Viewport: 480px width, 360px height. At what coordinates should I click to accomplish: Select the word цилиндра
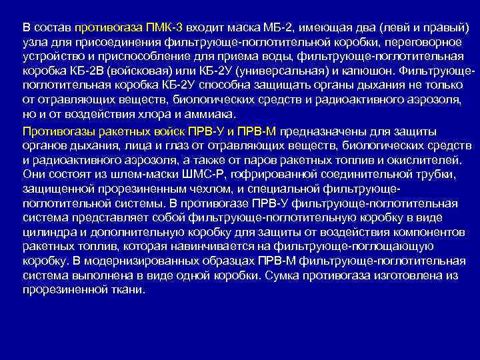[x=48, y=232]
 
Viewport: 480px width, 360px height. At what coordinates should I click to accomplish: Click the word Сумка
[x=281, y=275]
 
